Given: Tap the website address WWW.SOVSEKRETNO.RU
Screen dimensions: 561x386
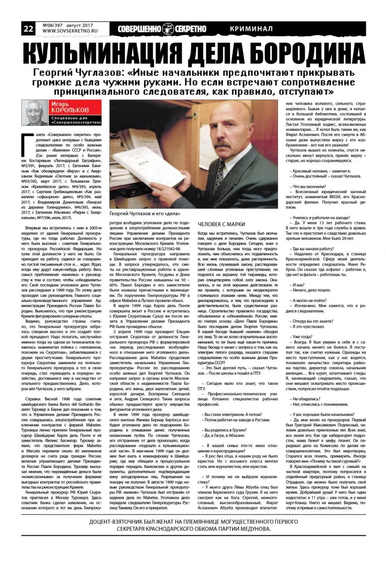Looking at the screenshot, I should click(x=66, y=31).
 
